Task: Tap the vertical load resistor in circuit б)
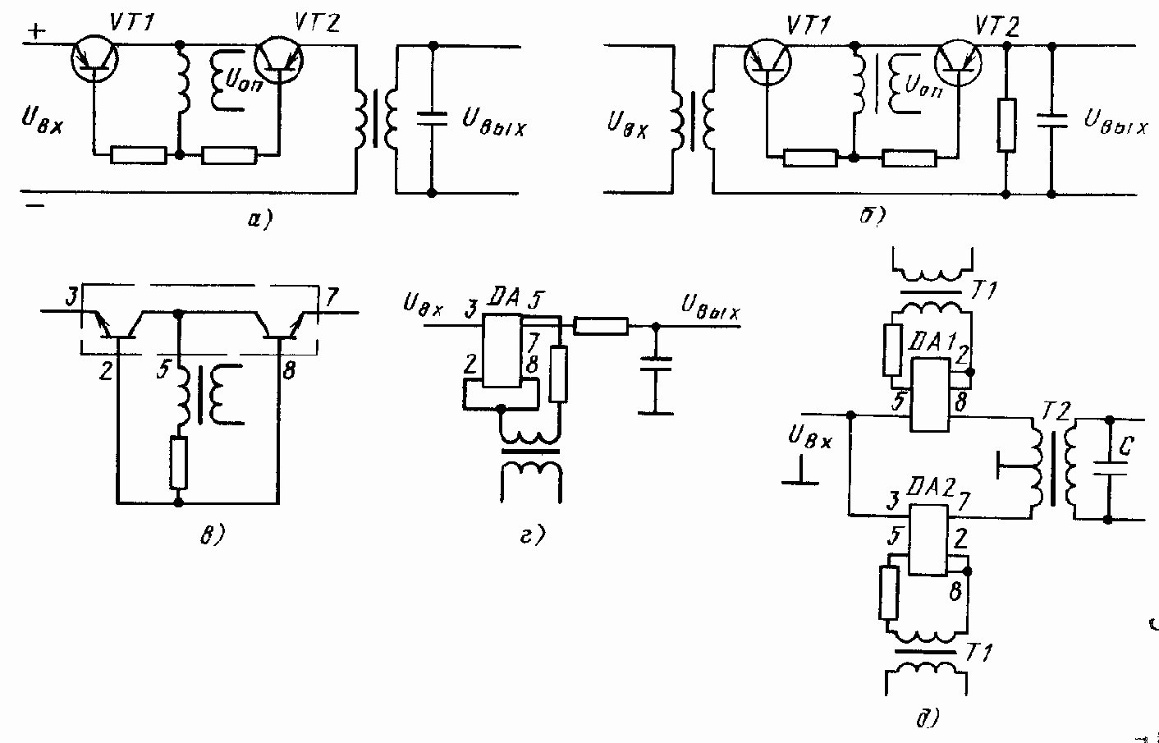point(1006,125)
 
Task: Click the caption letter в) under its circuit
point(211,534)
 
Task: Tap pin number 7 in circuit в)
point(331,296)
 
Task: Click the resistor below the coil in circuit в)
point(179,463)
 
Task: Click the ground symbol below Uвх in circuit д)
point(801,480)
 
